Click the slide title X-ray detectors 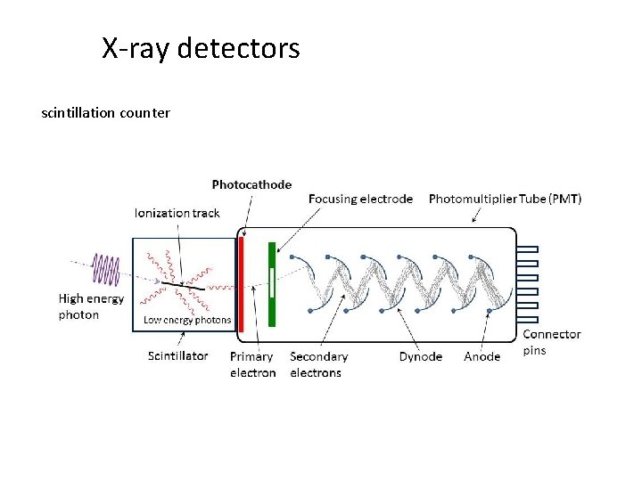201,48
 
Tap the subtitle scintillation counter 105,113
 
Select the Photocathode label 251,184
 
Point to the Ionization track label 177,213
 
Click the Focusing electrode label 360,199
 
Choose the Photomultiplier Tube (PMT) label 505,199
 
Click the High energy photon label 91,306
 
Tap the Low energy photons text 187,320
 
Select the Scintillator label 177,355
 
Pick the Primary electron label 252,364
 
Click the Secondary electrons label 318,364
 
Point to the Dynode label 420,356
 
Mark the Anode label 481,356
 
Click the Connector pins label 551,342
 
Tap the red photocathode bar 241,281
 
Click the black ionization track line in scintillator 183,286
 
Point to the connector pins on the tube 529,281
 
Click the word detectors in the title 238,48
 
